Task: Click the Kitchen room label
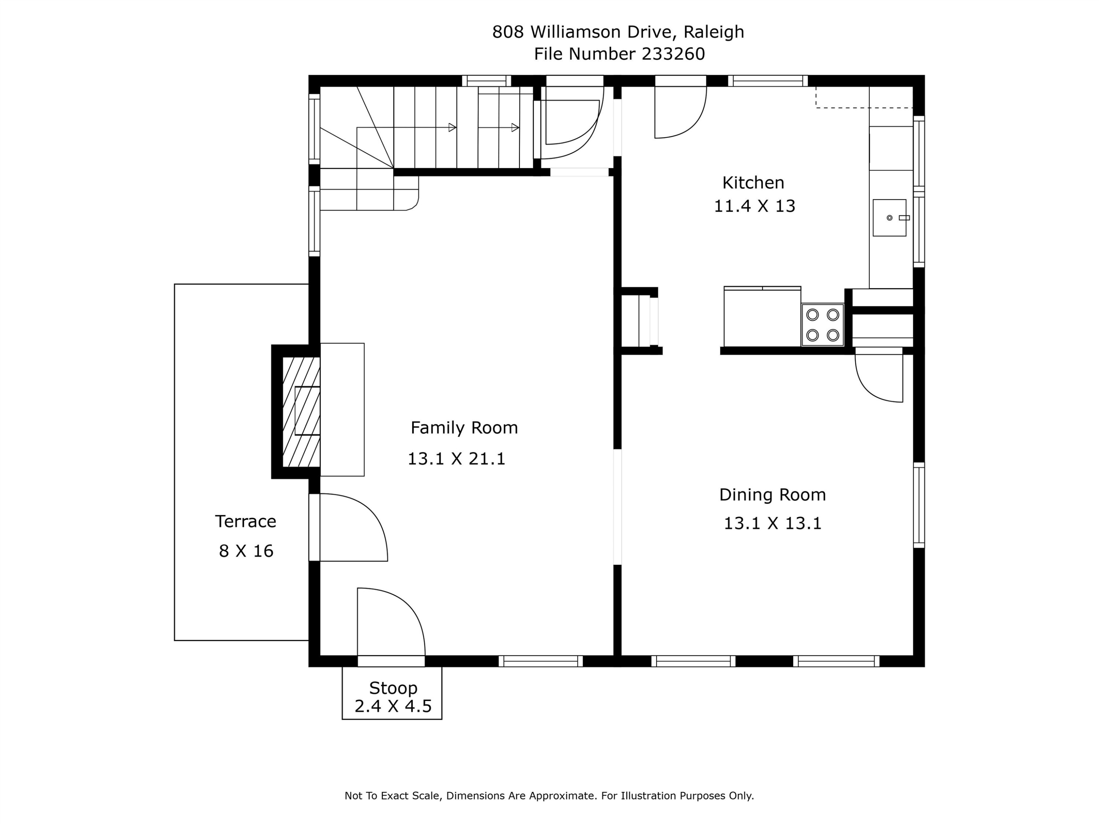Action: [x=753, y=183]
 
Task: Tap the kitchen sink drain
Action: [x=889, y=218]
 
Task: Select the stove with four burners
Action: [x=822, y=325]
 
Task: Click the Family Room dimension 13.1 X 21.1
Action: [x=456, y=459]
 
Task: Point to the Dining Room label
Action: [x=772, y=495]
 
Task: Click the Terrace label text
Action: [x=245, y=522]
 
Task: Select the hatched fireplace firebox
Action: [x=301, y=412]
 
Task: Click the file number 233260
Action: [x=673, y=53]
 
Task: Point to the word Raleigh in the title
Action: [x=714, y=32]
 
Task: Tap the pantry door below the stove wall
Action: [x=878, y=378]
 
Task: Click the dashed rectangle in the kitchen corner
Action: [x=865, y=97]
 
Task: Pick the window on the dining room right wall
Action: [x=919, y=505]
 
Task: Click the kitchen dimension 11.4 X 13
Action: [x=754, y=206]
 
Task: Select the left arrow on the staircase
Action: [x=452, y=128]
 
